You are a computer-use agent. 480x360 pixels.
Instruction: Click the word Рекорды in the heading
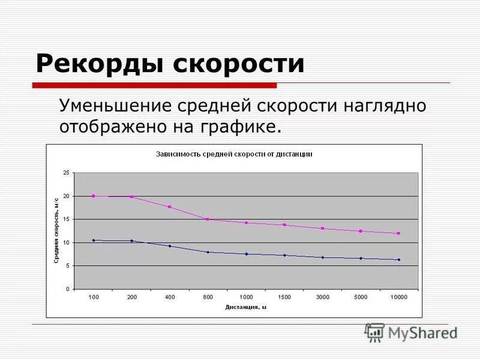pyautogui.click(x=99, y=63)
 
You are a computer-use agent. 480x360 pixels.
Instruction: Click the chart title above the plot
pyautogui.click(x=234, y=154)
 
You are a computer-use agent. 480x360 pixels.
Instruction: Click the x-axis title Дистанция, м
pyautogui.click(x=246, y=307)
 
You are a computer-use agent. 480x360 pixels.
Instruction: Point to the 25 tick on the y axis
pyautogui.click(x=67, y=173)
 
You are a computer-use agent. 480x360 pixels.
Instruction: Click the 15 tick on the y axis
pyautogui.click(x=67, y=220)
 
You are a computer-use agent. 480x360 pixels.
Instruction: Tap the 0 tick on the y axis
pyautogui.click(x=68, y=289)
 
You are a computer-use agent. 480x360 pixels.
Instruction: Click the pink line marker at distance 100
pyautogui.click(x=94, y=196)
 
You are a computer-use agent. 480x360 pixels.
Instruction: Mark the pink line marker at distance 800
pyautogui.click(x=208, y=220)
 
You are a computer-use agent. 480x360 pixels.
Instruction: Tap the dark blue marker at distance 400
pyautogui.click(x=170, y=246)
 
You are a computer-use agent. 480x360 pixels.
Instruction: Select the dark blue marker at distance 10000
pyautogui.click(x=398, y=260)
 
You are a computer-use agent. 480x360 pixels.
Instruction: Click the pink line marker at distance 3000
pyautogui.click(x=322, y=229)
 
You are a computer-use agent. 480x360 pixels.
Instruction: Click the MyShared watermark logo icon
pyautogui.click(x=375, y=332)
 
